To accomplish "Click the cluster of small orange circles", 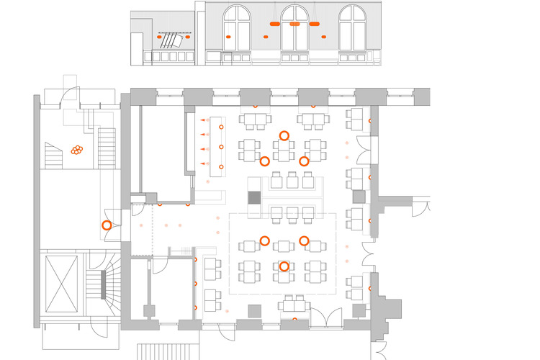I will coord(76,150).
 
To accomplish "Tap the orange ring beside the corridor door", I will coord(106,225).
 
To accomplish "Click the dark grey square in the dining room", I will coord(253,197).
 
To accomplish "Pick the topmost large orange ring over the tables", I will coord(284,135).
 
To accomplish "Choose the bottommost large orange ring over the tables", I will coord(284,266).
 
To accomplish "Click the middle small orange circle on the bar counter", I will coord(221,147).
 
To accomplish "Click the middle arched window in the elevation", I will coord(294,29).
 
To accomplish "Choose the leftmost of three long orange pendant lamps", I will coord(274,24).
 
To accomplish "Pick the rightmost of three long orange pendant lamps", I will coord(315,24).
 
